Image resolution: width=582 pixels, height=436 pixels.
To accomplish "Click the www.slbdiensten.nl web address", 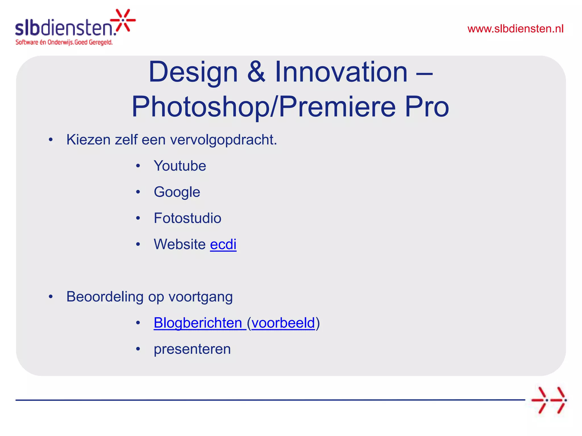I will tap(515, 29).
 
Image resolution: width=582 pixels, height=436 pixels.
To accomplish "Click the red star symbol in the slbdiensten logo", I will tap(123, 20).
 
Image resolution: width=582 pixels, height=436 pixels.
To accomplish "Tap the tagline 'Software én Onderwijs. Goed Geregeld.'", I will tap(64, 42).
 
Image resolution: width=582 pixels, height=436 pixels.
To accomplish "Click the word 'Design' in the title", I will tap(193, 72).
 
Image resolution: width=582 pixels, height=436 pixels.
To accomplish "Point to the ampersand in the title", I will tap(256, 72).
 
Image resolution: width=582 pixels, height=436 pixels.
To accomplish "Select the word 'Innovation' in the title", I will tap(341, 72).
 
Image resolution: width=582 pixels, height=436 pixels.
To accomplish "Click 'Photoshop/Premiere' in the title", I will tap(263, 107).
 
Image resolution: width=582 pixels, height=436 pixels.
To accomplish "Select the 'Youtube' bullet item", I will tap(180, 166).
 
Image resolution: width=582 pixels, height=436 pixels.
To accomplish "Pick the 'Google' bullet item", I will tap(177, 192).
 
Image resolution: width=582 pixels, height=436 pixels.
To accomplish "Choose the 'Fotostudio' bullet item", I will tap(187, 218).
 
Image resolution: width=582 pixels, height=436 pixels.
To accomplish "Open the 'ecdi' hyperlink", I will tap(223, 244).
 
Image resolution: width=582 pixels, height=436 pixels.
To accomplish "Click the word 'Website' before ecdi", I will tap(180, 244).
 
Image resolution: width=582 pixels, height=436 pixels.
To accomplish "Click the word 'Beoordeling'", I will tap(105, 297).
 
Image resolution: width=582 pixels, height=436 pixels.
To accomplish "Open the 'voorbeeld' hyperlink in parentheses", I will tap(283, 323).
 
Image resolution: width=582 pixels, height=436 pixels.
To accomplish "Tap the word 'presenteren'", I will tap(192, 349).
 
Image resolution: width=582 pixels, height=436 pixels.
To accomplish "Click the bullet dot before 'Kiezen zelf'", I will tap(51, 140).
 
